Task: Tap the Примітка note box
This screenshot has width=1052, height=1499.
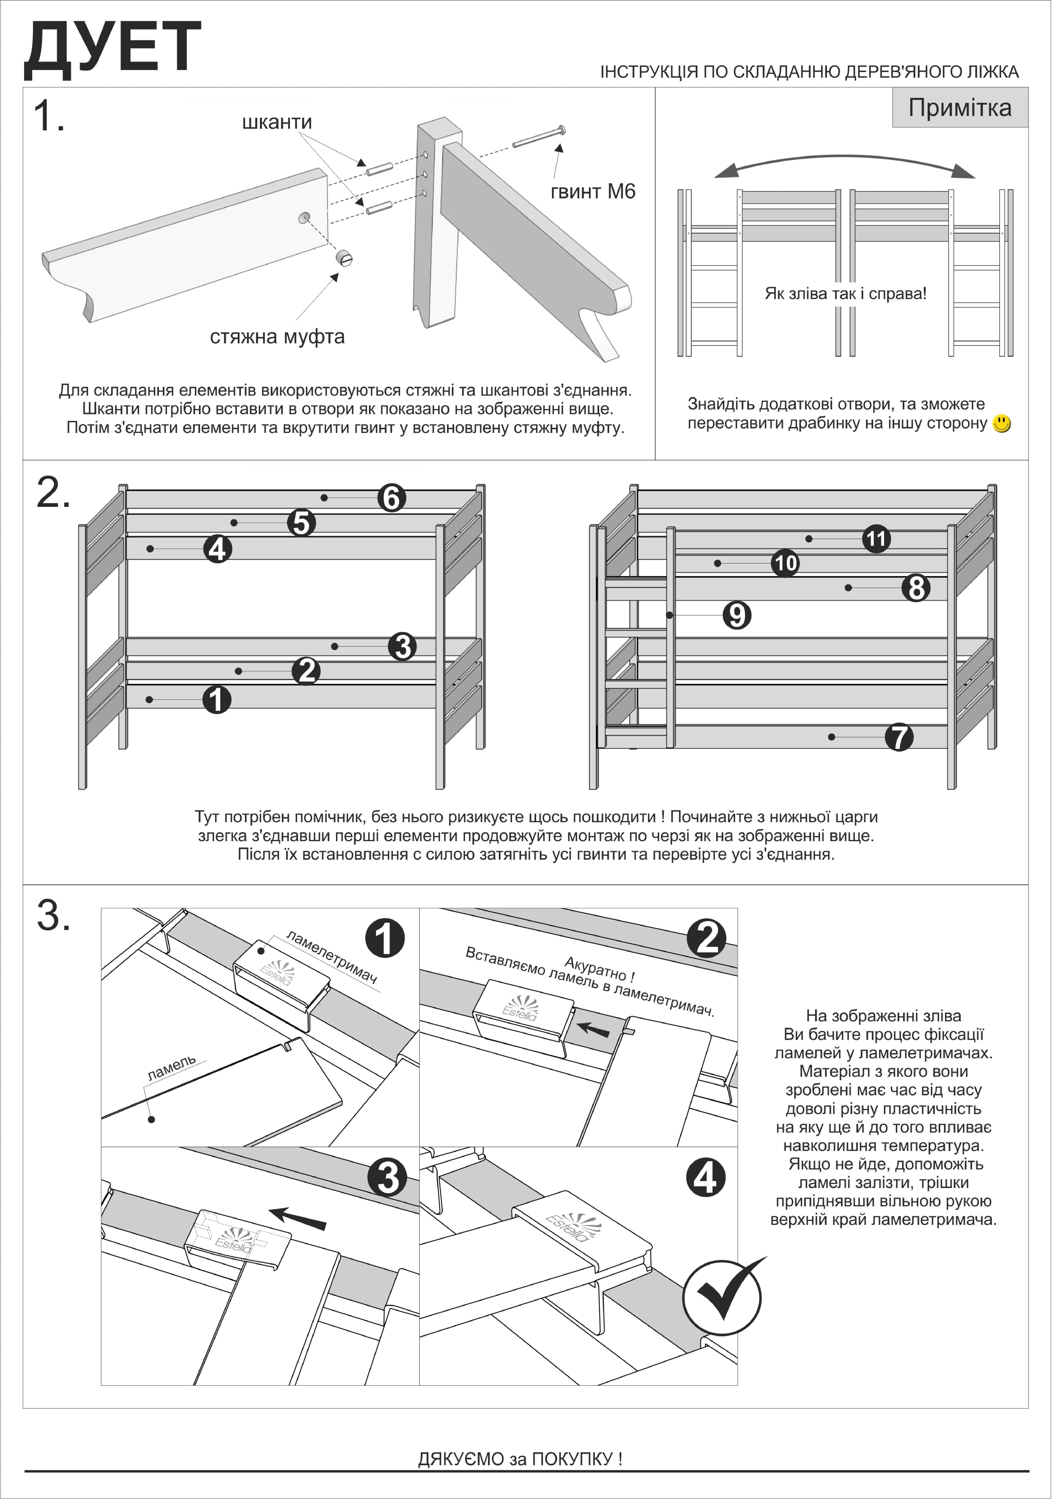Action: click(960, 108)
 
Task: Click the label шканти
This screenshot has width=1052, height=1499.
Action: click(277, 122)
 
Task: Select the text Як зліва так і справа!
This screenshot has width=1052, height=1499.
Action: click(846, 294)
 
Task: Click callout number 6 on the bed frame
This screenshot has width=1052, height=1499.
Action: click(392, 498)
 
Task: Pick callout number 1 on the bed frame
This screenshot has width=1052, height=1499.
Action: click(217, 700)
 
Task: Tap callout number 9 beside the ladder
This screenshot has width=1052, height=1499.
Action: click(737, 615)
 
